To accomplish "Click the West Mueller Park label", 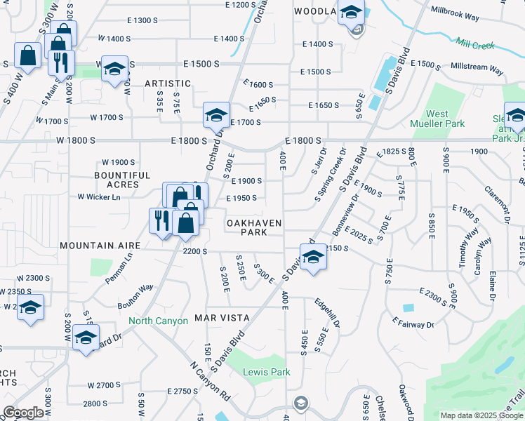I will click(x=437, y=119).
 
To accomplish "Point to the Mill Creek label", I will click(x=474, y=44).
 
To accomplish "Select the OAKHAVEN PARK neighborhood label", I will click(x=253, y=227).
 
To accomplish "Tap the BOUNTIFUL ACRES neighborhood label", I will click(x=123, y=180).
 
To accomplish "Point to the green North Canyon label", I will click(x=158, y=321).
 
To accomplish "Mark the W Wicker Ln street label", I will click(x=99, y=197).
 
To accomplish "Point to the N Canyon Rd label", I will click(x=210, y=382).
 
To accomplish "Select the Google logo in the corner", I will click(x=23, y=413).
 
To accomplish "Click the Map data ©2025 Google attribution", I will click(x=481, y=415).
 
